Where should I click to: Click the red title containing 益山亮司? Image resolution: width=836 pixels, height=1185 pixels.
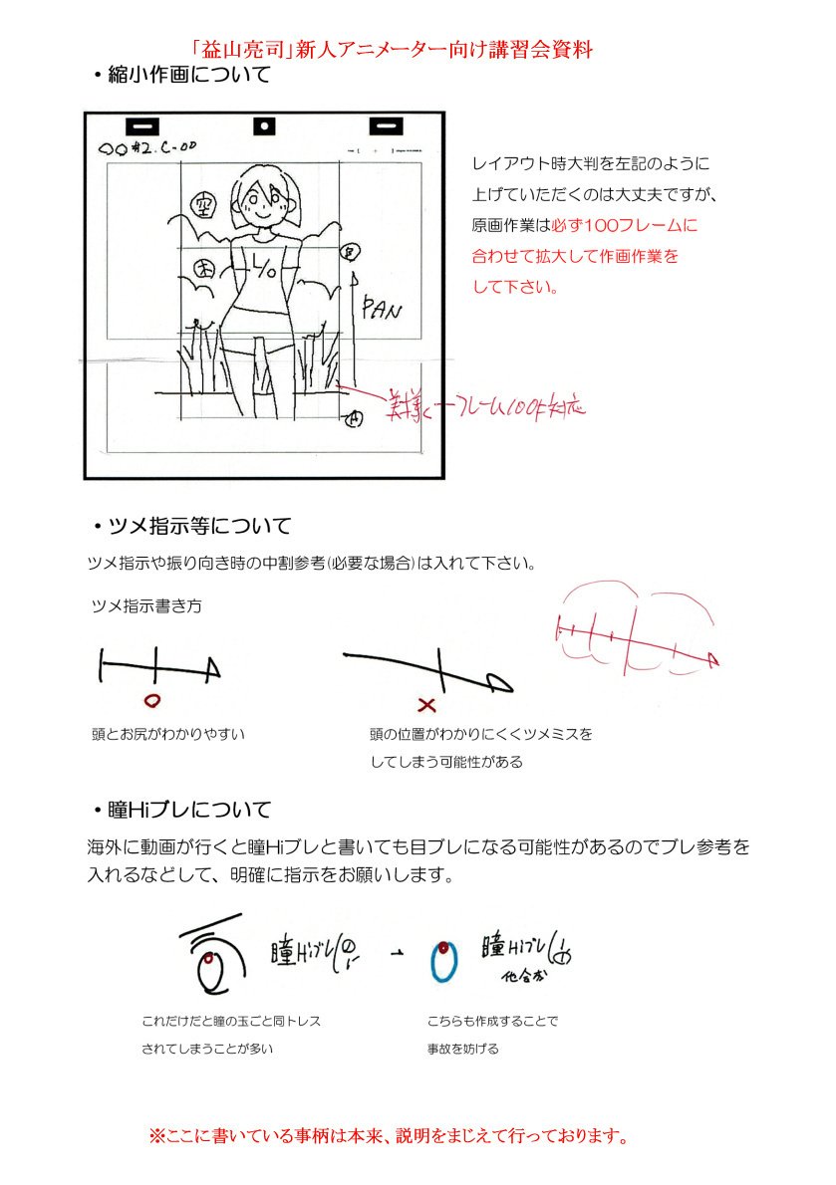(394, 49)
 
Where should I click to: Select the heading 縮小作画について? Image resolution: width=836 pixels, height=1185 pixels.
(180, 76)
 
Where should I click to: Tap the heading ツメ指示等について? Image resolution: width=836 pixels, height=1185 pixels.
(191, 525)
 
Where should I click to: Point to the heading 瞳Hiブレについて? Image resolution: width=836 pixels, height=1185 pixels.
(180, 810)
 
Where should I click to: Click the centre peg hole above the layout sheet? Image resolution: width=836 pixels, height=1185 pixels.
(264, 126)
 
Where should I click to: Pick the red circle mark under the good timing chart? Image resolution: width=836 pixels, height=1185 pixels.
(151, 700)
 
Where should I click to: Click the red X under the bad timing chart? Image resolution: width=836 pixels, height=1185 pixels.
(427, 705)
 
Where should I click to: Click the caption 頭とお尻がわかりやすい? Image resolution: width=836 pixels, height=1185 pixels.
(167, 734)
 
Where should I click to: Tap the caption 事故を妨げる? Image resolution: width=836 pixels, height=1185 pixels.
(463, 1049)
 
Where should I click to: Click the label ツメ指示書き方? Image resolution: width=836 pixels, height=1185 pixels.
(145, 605)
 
